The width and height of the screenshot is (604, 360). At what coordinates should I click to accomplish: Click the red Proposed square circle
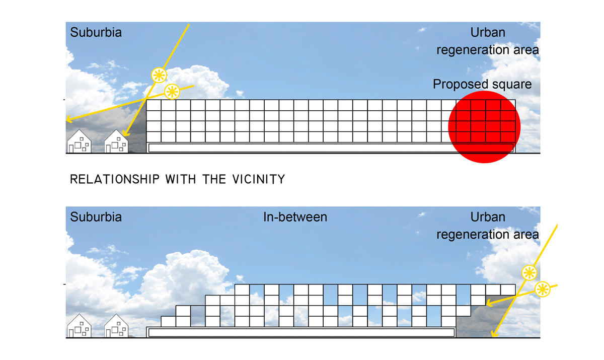click(x=483, y=127)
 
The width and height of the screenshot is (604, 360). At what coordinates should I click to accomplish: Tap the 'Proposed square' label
click(x=482, y=84)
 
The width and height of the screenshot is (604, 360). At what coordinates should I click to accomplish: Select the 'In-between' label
click(x=295, y=217)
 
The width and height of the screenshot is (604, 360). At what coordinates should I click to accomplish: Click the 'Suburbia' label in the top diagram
click(x=96, y=33)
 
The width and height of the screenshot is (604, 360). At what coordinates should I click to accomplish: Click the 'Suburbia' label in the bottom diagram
click(x=96, y=217)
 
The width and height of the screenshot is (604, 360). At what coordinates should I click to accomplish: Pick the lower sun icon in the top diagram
click(x=172, y=91)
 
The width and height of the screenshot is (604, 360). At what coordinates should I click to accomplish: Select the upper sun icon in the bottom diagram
click(x=528, y=273)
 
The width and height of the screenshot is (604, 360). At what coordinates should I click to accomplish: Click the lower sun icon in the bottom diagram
click(x=542, y=289)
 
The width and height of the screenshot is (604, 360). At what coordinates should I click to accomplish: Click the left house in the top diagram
click(x=80, y=141)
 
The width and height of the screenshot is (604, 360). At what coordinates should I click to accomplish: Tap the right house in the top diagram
click(x=116, y=141)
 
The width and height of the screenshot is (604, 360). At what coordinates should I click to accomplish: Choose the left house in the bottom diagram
click(x=80, y=326)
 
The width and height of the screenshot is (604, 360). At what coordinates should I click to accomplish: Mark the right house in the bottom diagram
click(x=116, y=326)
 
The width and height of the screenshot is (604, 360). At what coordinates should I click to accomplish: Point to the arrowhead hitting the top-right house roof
click(x=124, y=134)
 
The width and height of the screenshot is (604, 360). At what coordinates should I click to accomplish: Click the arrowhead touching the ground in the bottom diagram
click(x=494, y=334)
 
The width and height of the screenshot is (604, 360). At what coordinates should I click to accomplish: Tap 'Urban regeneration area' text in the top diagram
click(x=487, y=41)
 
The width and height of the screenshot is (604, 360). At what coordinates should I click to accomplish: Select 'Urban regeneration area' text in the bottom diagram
click(x=487, y=226)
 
